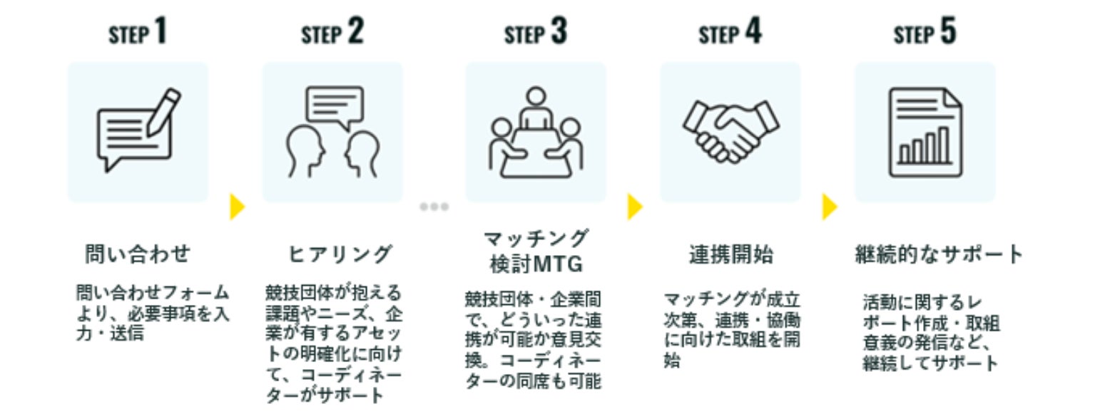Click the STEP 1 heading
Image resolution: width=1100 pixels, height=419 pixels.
[x=138, y=31]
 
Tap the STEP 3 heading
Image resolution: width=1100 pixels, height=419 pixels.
[x=535, y=31]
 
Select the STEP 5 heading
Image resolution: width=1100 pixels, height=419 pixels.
[x=925, y=31]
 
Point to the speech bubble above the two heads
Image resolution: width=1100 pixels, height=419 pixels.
[x=335, y=106]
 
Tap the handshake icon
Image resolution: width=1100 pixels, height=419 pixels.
[x=730, y=130]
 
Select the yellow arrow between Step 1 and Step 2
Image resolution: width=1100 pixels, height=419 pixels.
[x=237, y=207]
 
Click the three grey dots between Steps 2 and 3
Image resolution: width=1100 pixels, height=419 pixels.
[x=434, y=207]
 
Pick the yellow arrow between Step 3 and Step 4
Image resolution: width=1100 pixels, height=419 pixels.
[x=635, y=207]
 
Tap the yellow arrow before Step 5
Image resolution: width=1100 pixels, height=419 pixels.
[x=830, y=207]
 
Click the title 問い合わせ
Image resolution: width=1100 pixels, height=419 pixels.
[x=138, y=254]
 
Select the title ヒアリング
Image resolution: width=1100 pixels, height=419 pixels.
[x=340, y=254]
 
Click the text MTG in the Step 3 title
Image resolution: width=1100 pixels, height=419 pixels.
[x=558, y=264]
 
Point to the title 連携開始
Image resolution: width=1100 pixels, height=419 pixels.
[x=730, y=254]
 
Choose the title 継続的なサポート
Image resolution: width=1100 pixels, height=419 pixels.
[x=939, y=254]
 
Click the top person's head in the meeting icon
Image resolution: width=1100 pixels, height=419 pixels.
[x=536, y=96]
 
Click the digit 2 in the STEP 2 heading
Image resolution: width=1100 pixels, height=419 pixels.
[x=356, y=31]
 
